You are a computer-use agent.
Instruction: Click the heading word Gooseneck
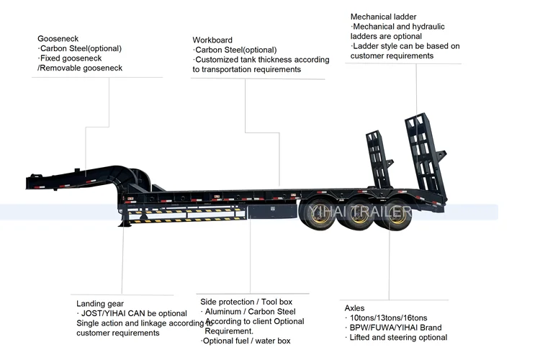[x=58, y=37]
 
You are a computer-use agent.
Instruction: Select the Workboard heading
[x=213, y=40]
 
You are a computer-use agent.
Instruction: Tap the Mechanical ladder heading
[x=383, y=17]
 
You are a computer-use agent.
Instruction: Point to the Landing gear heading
[x=100, y=304]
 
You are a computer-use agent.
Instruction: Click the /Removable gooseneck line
[x=80, y=68]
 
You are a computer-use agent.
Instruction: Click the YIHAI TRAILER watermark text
[x=358, y=211]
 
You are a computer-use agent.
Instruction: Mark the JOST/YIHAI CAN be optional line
[x=132, y=314]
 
